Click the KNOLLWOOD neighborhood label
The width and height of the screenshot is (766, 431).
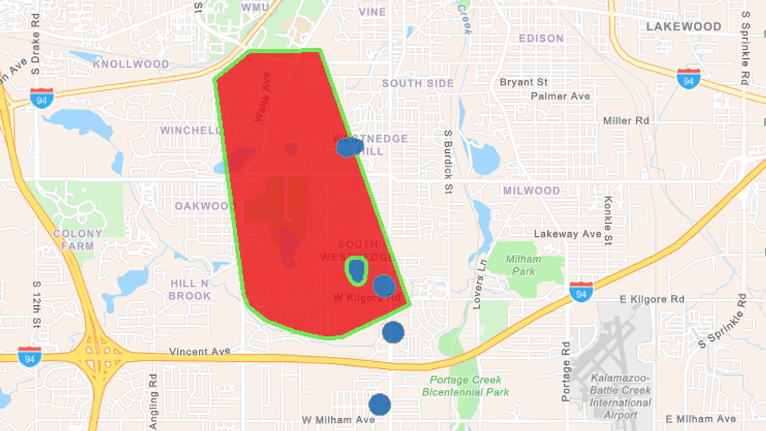pyautogui.click(x=131, y=64)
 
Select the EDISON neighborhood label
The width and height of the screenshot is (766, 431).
pyautogui.click(x=541, y=38)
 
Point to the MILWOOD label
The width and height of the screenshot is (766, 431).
pyautogui.click(x=531, y=190)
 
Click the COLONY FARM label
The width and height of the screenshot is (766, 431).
pyautogui.click(x=78, y=239)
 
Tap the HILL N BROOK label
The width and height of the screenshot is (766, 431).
pyautogui.click(x=190, y=290)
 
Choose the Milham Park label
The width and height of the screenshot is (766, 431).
pyautogui.click(x=524, y=265)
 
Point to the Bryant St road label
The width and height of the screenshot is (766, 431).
pyautogui.click(x=523, y=82)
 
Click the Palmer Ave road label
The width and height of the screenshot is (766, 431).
pyautogui.click(x=560, y=96)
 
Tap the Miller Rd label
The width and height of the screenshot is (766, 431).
pyautogui.click(x=625, y=120)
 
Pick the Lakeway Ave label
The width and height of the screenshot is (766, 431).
pyautogui.click(x=567, y=234)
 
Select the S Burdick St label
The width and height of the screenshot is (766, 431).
pyautogui.click(x=448, y=156)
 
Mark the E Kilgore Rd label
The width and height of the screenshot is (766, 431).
pyautogui.click(x=652, y=299)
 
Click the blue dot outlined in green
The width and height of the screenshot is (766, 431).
pyautogui.click(x=357, y=269)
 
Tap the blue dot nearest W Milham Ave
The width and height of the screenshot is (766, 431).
pyautogui.click(x=379, y=404)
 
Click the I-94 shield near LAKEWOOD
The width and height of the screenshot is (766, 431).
pyautogui.click(x=688, y=78)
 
